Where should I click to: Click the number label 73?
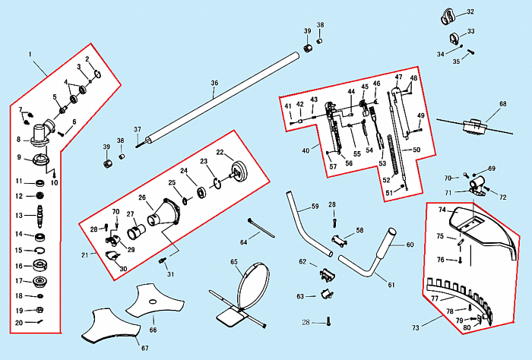click(x=416, y=328)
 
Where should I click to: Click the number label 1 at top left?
click(x=30, y=55)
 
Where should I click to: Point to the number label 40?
click(x=306, y=150)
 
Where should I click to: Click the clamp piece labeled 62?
click(x=328, y=273)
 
